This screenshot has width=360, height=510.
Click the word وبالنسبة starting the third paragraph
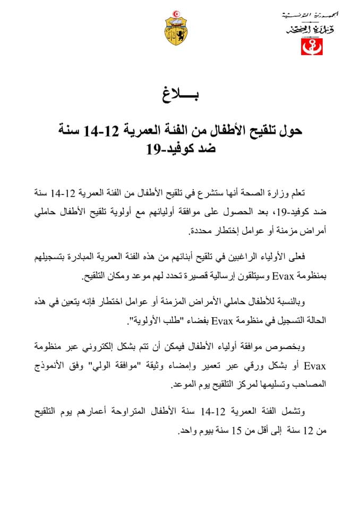pyautogui.click(x=306, y=303)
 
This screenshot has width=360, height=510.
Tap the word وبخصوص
pyautogui.click(x=304, y=348)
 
